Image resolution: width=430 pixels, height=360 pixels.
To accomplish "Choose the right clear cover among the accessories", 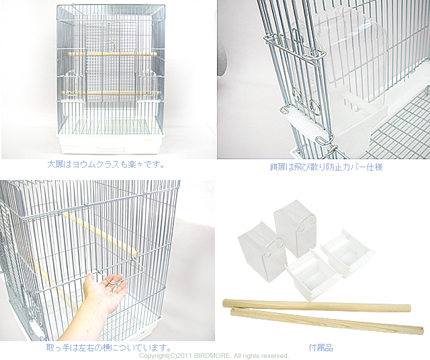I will tap(295, 228).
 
